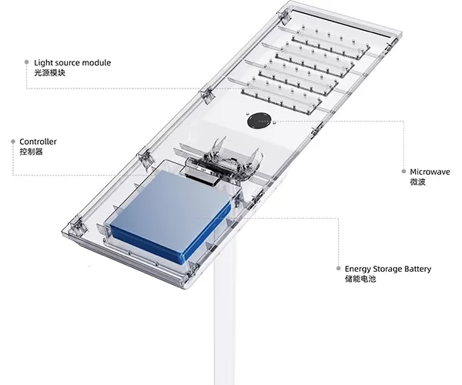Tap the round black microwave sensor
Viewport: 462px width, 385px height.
tap(259, 122)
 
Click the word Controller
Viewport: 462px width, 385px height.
tap(38, 142)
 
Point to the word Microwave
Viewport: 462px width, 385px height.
tap(430, 172)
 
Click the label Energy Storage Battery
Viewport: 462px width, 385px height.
tap(388, 269)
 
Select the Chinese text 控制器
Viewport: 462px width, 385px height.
tap(31, 152)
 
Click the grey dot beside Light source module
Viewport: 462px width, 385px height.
tap(27, 61)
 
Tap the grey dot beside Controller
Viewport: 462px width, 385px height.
tap(12, 142)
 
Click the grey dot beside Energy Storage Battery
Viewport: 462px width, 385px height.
tap(338, 269)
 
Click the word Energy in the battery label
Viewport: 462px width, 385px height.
tap(358, 269)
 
